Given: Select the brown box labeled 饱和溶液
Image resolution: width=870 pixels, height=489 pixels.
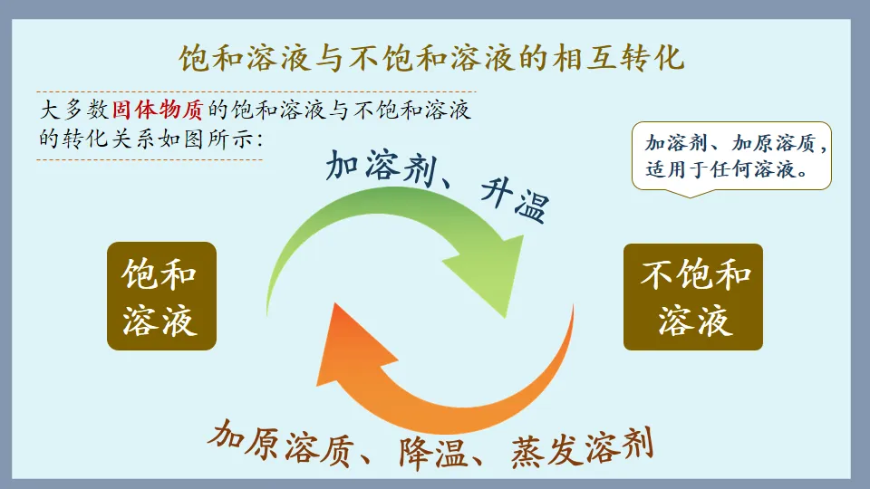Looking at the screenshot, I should (x=161, y=296).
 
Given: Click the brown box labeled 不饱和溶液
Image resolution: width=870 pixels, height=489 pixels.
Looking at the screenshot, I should (x=692, y=296).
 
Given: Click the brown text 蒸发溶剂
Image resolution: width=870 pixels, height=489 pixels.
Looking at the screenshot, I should (x=580, y=446).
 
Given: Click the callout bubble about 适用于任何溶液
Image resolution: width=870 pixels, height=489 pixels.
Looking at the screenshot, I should (x=730, y=156).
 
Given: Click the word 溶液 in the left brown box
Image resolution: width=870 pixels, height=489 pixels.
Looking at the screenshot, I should (x=161, y=319).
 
